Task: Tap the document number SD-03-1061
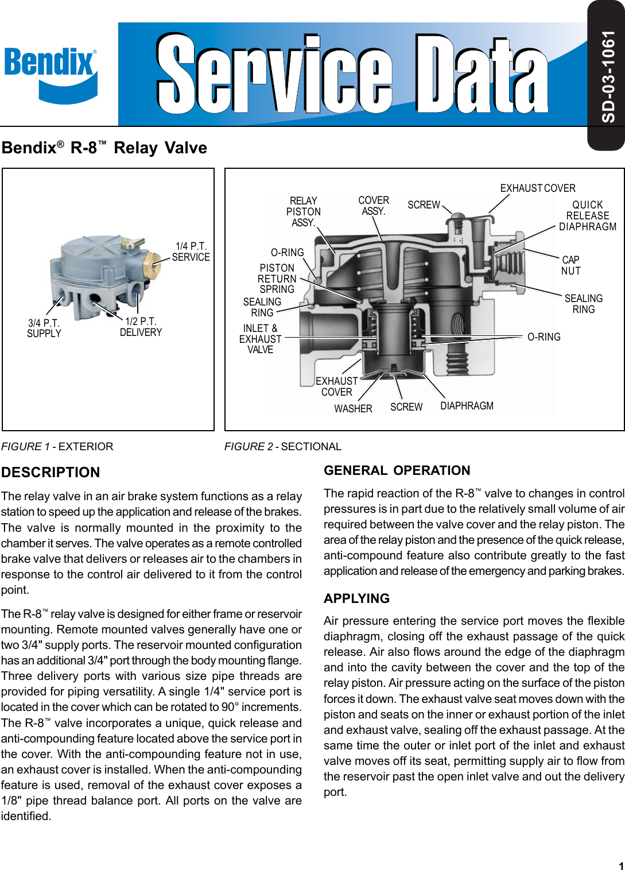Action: (x=608, y=76)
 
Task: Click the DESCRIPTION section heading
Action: (x=51, y=473)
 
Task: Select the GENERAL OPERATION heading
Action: (x=397, y=471)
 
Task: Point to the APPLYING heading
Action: (x=356, y=598)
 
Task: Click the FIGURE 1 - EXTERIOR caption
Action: (x=57, y=447)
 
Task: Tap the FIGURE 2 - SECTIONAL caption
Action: (x=282, y=447)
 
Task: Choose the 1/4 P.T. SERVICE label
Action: (x=191, y=252)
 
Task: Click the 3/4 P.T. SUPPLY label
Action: (x=44, y=328)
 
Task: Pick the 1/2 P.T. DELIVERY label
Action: (x=141, y=327)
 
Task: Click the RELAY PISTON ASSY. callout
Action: (x=303, y=212)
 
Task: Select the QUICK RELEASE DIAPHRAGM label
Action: (x=587, y=216)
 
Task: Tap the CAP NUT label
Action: (x=570, y=265)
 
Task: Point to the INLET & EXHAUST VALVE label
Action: (x=260, y=339)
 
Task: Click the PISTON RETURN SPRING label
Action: (x=277, y=279)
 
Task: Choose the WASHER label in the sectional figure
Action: (x=353, y=409)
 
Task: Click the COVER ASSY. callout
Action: (x=374, y=206)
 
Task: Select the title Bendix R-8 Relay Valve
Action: (x=104, y=148)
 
